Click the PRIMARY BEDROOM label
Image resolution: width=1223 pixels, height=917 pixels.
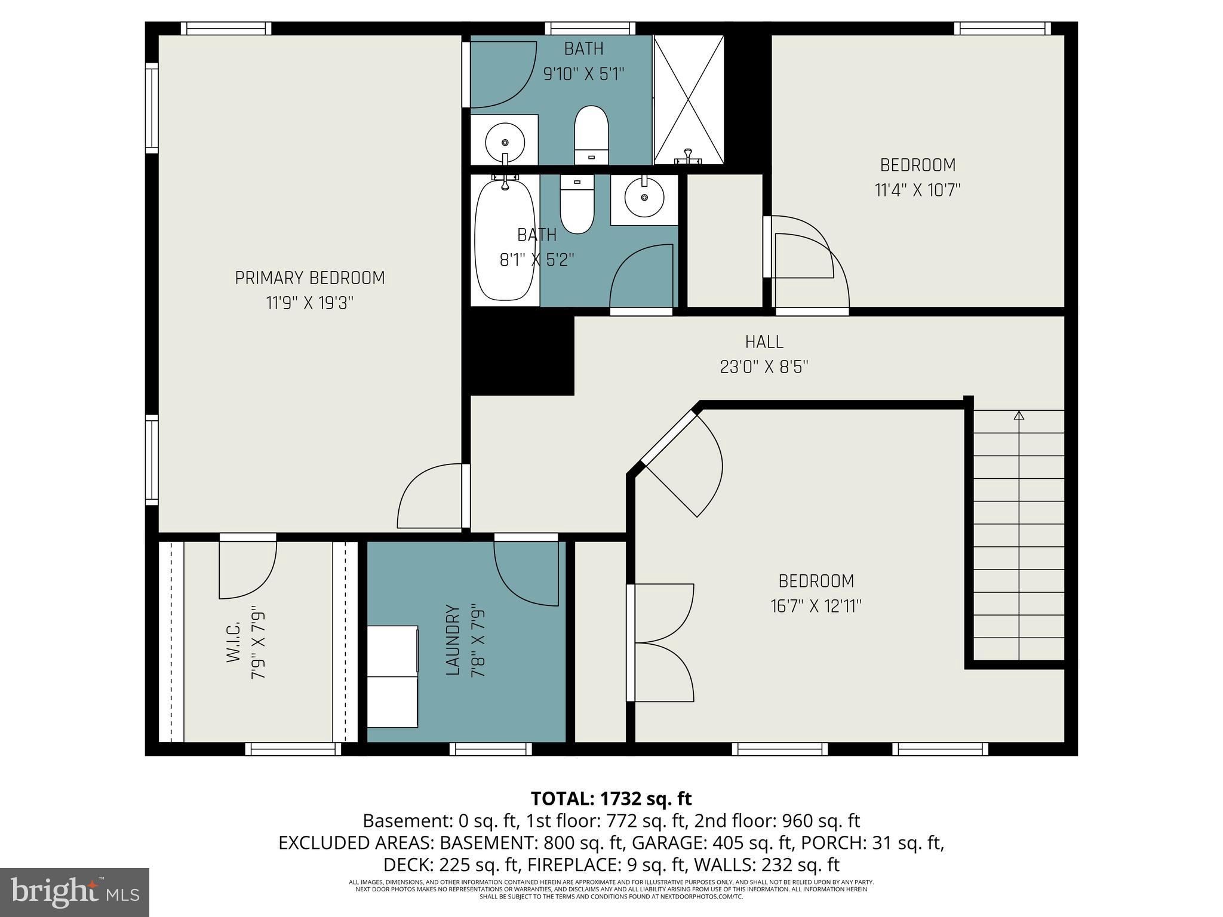(x=309, y=278)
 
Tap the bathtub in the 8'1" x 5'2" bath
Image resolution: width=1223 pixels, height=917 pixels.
(x=505, y=241)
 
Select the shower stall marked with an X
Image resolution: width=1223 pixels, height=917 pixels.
(x=689, y=99)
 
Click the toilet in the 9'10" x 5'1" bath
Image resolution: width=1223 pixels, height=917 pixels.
(x=591, y=134)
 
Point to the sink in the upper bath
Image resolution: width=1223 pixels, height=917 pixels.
(x=505, y=141)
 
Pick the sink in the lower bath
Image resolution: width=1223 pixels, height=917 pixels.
(x=644, y=196)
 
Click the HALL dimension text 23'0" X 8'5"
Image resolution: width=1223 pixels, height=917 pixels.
(x=764, y=367)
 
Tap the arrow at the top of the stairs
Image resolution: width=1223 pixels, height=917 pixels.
(x=1019, y=415)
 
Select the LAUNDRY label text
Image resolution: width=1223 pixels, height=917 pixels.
(x=453, y=640)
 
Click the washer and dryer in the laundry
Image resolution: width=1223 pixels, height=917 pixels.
(x=392, y=676)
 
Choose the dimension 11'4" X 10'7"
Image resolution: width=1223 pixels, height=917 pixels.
(x=917, y=190)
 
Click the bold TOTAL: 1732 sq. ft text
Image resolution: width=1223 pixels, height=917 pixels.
(x=611, y=798)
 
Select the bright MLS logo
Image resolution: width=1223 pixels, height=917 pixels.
(x=74, y=892)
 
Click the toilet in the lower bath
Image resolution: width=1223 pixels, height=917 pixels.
(x=577, y=204)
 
